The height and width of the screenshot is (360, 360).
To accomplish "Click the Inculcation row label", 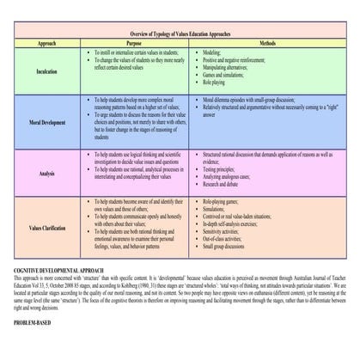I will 46,71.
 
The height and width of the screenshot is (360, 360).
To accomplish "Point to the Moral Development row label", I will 46,123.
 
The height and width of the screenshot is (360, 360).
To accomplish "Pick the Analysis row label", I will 46,172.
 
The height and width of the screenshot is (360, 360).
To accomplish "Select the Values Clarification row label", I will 46,228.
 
